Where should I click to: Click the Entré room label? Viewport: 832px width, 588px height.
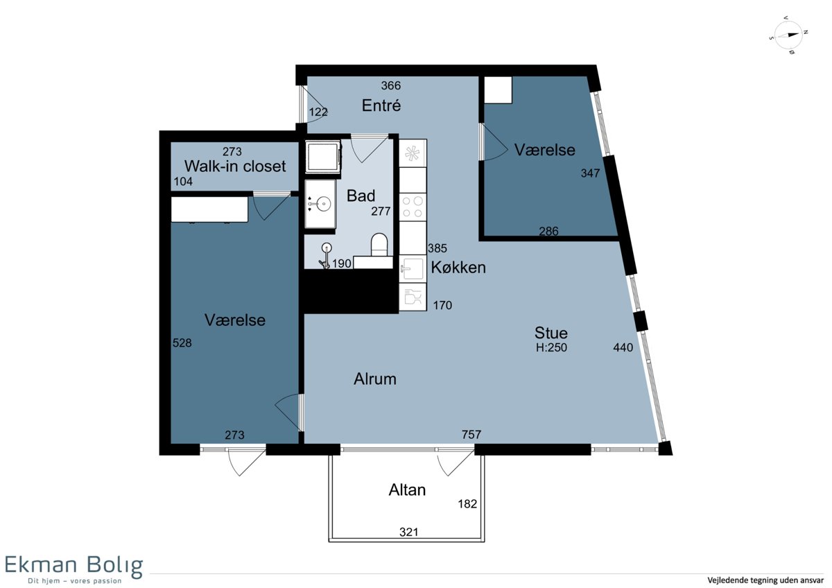[x=381, y=105]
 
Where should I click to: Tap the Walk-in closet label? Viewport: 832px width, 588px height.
[x=235, y=166]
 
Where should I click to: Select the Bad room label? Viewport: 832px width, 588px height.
[x=361, y=196]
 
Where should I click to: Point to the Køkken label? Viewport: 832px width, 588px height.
[x=458, y=268]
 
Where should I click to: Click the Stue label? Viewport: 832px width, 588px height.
[x=551, y=333]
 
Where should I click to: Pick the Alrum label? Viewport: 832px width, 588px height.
[x=375, y=379]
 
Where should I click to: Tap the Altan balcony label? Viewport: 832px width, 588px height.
[x=407, y=490]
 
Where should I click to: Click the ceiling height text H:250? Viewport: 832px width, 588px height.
[x=551, y=347]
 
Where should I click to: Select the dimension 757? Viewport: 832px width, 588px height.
[x=471, y=434]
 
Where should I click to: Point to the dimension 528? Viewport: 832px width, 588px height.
[x=182, y=343]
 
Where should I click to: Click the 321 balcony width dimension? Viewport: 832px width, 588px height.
[x=408, y=533]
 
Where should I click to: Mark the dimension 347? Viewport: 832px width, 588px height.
[x=590, y=173]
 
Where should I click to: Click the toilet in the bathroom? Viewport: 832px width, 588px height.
[x=379, y=244]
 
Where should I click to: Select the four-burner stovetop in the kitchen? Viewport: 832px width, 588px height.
[x=413, y=207]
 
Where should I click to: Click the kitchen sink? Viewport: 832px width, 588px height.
[x=413, y=268]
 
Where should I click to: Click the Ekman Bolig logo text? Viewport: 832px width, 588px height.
[x=73, y=565]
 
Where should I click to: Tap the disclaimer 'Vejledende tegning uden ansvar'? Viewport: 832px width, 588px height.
[x=765, y=580]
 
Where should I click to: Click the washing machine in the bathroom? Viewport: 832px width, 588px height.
[x=323, y=157]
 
